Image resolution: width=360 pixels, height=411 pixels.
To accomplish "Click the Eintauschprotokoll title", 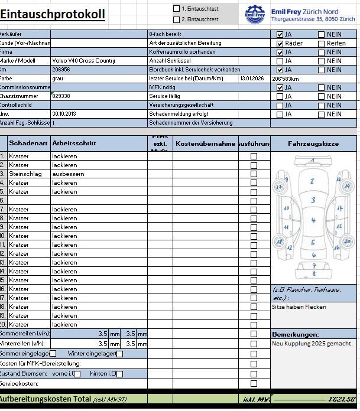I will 53,14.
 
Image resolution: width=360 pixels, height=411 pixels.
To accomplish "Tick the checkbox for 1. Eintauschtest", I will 176,9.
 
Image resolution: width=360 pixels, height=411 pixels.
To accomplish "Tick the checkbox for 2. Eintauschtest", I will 176,19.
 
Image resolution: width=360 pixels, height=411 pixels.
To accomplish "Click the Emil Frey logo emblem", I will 257,15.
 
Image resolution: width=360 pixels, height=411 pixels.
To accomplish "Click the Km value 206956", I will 61,70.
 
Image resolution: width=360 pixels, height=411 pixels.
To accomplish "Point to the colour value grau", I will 57,79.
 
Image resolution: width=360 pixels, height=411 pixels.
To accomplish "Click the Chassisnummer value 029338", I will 61,96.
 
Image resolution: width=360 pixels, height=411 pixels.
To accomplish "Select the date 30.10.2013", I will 64,114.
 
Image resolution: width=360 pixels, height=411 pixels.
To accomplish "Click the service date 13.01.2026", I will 252,79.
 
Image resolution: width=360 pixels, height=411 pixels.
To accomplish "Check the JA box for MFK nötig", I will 280,87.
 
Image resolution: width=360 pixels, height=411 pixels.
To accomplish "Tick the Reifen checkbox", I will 321,44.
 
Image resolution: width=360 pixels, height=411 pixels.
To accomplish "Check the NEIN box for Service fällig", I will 321,96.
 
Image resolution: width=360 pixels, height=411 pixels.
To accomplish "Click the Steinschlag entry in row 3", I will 22,174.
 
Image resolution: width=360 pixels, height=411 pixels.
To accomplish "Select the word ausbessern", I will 68,174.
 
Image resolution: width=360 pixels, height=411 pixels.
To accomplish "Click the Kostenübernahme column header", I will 205,143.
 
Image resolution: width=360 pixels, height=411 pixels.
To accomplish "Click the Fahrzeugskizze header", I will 313,143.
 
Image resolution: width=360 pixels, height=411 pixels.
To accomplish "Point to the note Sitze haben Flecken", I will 299,307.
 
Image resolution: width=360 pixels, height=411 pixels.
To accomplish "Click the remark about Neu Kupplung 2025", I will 312,343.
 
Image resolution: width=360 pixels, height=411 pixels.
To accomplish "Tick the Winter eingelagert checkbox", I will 120,354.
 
